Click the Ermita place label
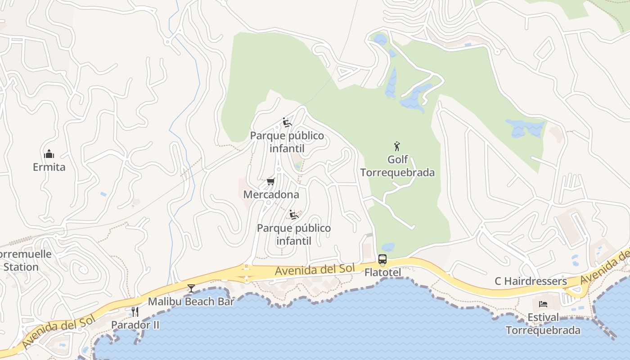tap(49, 167)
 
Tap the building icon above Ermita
tap(49, 154)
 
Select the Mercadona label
tap(271, 194)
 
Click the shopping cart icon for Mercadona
tap(270, 181)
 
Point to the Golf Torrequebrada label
tap(398, 166)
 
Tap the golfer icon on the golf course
tap(397, 146)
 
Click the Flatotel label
tap(382, 272)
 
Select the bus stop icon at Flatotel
tap(382, 259)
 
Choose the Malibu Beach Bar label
tap(191, 301)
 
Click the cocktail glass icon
tap(191, 288)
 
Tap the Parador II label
tap(135, 324)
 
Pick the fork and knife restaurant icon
tap(135, 311)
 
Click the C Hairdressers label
tap(531, 281)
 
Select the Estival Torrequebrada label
tap(543, 324)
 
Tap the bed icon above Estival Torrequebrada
tap(543, 304)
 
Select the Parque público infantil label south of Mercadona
tap(294, 234)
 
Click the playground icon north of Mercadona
tap(287, 122)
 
